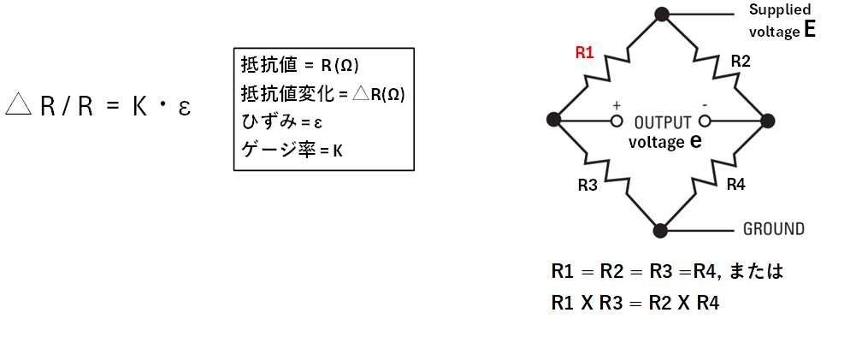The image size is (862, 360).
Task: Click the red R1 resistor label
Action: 584,52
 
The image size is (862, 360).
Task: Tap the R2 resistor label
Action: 741,61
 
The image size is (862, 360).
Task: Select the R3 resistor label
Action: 587,185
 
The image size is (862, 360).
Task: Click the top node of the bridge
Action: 661,14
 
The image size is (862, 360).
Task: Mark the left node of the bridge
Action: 554,121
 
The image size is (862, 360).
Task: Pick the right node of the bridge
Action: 767,121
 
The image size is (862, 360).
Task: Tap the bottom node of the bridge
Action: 660,229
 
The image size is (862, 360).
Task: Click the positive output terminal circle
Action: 616,121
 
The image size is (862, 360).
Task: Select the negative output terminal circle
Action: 706,121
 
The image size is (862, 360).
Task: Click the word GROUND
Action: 773,229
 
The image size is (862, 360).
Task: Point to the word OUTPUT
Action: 663,121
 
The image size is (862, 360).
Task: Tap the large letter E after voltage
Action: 809,31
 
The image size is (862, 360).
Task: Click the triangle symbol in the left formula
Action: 17,105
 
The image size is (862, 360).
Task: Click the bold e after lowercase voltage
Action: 694,141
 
